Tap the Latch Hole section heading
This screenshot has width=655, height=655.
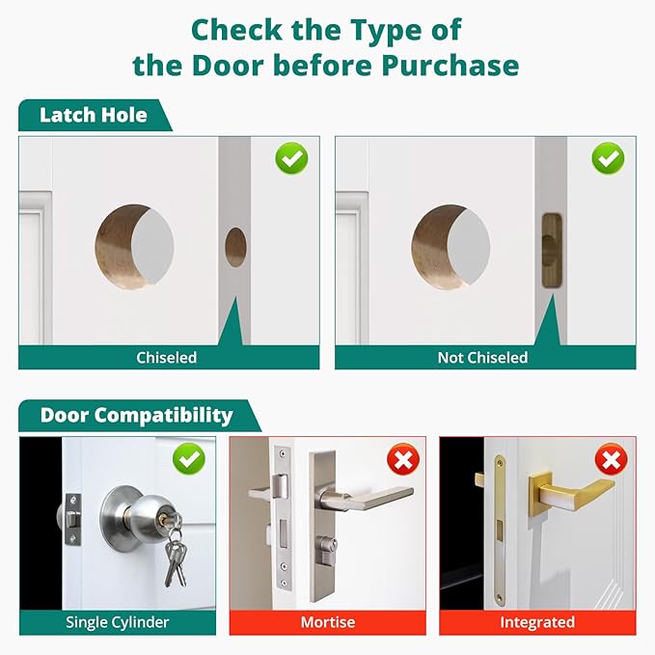click(94, 116)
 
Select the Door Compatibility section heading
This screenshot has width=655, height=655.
click(136, 416)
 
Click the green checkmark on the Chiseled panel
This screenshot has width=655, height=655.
click(291, 158)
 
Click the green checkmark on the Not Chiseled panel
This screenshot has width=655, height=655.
click(608, 158)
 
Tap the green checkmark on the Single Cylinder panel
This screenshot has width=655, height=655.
click(188, 459)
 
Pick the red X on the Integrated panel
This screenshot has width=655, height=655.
click(610, 459)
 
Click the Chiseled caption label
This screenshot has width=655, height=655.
click(166, 357)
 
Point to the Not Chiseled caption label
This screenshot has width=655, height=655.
click(482, 357)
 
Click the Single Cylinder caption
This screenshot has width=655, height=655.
click(118, 621)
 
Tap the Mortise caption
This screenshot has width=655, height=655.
click(327, 621)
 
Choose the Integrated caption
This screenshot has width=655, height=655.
click(537, 621)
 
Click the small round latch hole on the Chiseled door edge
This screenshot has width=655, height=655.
click(235, 247)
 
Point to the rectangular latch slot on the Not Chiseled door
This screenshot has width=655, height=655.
click(551, 251)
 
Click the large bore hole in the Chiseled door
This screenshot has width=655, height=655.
click(135, 247)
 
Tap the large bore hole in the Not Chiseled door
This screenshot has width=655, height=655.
click(450, 247)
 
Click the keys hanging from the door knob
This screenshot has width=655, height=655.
click(175, 559)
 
